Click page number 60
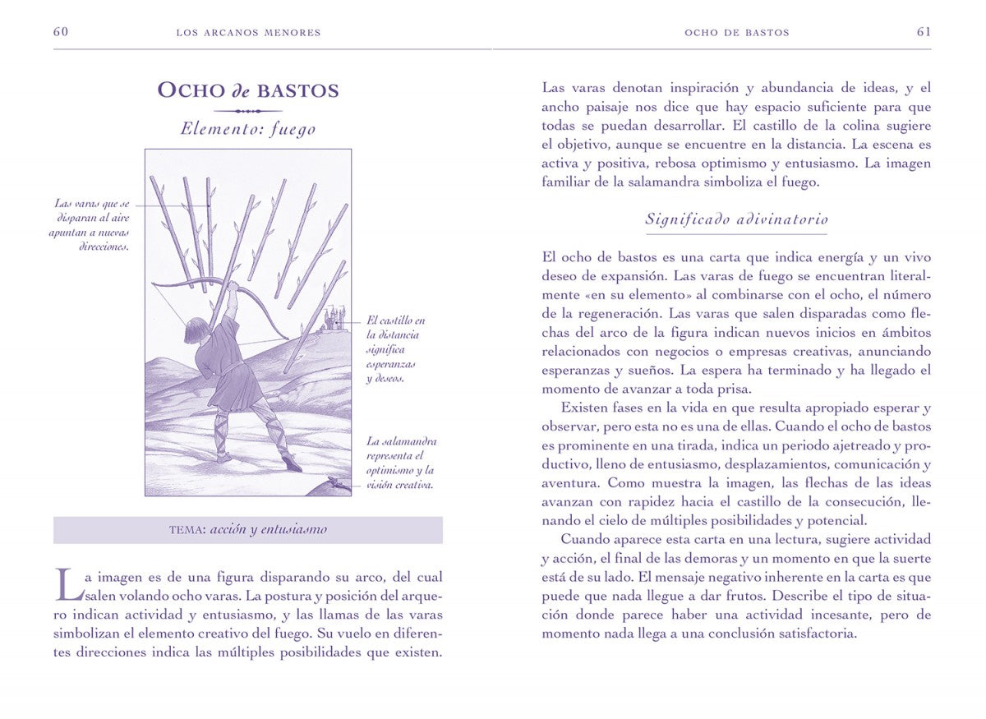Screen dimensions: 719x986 [x=60, y=32]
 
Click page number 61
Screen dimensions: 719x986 [x=924, y=32]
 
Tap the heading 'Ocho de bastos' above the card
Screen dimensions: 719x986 [x=247, y=90]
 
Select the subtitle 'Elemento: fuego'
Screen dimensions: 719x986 [x=247, y=129]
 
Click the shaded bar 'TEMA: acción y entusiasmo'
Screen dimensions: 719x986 [x=247, y=530]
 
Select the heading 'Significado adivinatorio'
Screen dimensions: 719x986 [x=736, y=219]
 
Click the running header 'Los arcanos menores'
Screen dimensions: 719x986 [x=248, y=33]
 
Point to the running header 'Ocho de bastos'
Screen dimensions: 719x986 [x=736, y=33]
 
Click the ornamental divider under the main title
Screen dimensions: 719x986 [x=247, y=110]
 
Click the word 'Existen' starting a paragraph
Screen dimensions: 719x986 [x=585, y=408]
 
